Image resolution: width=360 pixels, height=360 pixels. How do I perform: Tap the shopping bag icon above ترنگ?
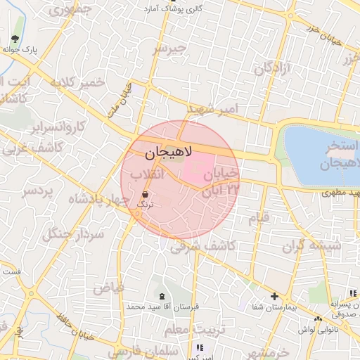tap(146, 193)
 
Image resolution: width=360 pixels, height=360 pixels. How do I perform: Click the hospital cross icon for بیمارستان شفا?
tap(274, 297)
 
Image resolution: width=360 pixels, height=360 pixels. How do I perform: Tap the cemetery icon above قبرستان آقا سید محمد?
tap(162, 295)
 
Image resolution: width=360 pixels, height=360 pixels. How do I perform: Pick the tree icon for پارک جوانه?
tap(16, 39)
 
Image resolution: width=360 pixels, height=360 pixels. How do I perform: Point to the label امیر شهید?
tap(214, 108)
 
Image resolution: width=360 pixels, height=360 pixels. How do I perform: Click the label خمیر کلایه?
tap(78, 82)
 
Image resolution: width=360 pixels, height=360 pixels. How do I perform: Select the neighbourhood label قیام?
tap(258, 218)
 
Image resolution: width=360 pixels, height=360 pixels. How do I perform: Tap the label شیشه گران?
tap(311, 247)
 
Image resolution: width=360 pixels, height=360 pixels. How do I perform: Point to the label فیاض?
tap(108, 287)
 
